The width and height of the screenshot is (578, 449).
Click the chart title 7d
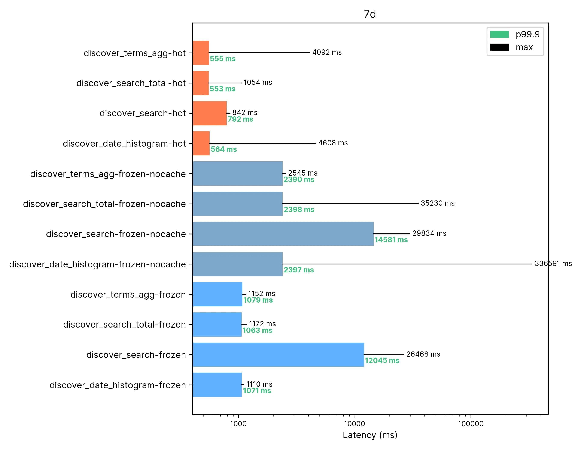click(x=370, y=14)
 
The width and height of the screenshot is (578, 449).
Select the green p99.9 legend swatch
click(x=499, y=34)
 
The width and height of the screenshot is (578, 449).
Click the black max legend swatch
click(x=499, y=47)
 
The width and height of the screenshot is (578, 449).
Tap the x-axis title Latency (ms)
click(x=370, y=435)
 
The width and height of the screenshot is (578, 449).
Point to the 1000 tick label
click(x=238, y=424)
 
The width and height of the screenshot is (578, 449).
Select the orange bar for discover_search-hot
click(x=210, y=113)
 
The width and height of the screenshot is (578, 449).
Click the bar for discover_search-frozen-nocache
click(x=283, y=234)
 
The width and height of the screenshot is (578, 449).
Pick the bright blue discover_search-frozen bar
click(x=278, y=354)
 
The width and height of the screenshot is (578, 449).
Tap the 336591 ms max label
click(x=553, y=263)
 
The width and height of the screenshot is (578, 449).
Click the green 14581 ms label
click(x=391, y=240)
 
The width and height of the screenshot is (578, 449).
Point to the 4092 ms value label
click(x=327, y=52)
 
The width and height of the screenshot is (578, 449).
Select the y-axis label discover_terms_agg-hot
click(x=135, y=53)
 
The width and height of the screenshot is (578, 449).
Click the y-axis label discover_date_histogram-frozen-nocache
click(x=97, y=264)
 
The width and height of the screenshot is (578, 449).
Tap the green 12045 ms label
click(x=382, y=360)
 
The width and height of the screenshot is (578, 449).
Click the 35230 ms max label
click(x=438, y=203)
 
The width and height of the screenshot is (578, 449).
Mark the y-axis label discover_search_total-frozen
click(x=124, y=325)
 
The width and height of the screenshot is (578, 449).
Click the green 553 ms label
click(x=222, y=89)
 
